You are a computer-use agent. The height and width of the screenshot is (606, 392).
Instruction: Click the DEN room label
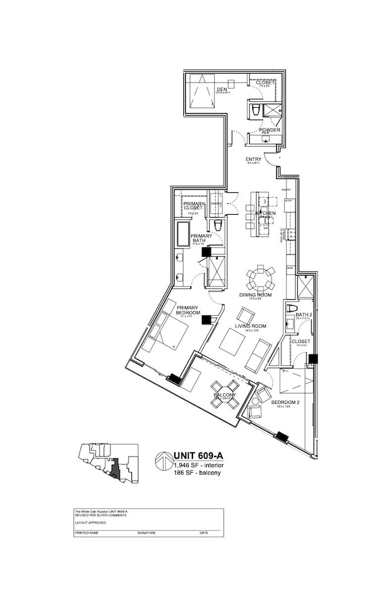(221, 90)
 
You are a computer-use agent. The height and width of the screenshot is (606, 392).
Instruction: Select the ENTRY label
(253, 159)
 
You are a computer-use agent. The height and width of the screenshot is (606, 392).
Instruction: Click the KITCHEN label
(265, 213)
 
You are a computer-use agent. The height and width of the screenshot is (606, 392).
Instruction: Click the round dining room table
(259, 279)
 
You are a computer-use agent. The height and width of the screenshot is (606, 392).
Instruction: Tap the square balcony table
(224, 395)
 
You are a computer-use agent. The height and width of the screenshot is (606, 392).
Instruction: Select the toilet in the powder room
(255, 110)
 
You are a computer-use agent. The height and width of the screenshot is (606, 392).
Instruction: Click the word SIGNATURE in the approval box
(147, 533)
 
